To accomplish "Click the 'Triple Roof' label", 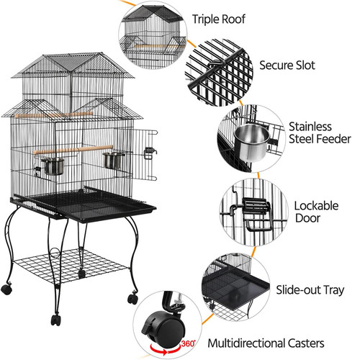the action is (x=219, y=19).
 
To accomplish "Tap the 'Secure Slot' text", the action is (x=287, y=66).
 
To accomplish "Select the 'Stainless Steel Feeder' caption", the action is (x=320, y=132).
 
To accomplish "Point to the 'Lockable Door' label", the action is (x=316, y=212).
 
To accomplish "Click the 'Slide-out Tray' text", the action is (x=310, y=290).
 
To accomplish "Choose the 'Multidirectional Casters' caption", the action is (x=266, y=343).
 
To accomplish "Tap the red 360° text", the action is (x=188, y=343).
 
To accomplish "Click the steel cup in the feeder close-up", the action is (x=252, y=143).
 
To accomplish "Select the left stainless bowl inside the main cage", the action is (x=53, y=166).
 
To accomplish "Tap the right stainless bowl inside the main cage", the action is (x=113, y=160).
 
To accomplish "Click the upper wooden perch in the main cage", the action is (x=53, y=114).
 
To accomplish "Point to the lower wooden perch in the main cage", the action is (x=73, y=149).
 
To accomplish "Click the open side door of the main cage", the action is (x=144, y=155).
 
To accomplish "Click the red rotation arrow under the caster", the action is (x=165, y=348).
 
